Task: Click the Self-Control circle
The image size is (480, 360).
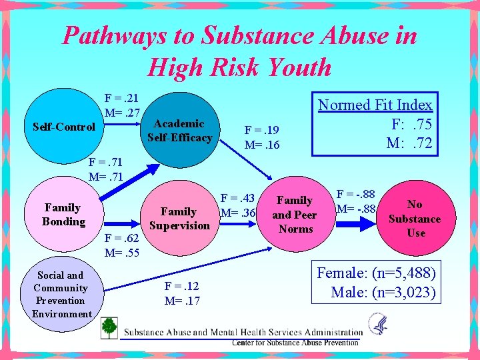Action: click(x=63, y=127)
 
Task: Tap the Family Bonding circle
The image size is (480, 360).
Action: click(x=63, y=215)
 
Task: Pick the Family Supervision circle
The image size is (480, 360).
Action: click(x=179, y=219)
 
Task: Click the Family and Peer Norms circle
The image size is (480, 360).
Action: click(x=295, y=214)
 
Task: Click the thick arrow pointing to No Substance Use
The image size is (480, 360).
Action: click(x=360, y=224)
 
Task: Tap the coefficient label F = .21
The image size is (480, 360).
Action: click(x=121, y=97)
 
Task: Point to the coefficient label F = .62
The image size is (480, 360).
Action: click(x=123, y=239)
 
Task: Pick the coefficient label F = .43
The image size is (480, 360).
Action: click(x=239, y=199)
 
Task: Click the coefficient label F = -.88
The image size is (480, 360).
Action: click(x=356, y=195)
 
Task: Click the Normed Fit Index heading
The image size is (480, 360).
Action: click(x=375, y=105)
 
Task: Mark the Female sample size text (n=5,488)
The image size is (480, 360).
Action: click(x=377, y=273)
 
